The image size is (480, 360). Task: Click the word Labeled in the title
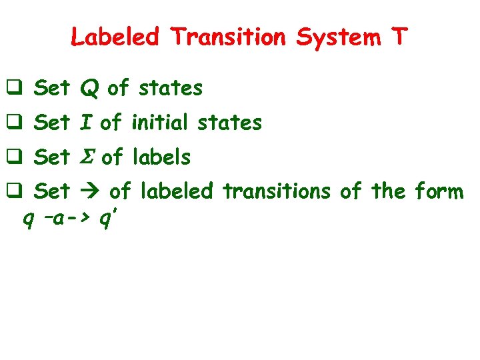tap(115, 37)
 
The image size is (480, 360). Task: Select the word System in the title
tap(336, 37)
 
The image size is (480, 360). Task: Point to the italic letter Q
tap(89, 88)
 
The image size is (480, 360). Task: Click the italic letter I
tap(86, 123)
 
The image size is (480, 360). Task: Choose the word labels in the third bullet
tap(161, 157)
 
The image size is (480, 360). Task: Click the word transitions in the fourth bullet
tap(276, 192)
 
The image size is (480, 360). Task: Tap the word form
tap(437, 192)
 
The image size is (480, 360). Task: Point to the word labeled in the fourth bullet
tap(176, 192)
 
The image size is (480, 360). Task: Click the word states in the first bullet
tap(170, 88)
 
